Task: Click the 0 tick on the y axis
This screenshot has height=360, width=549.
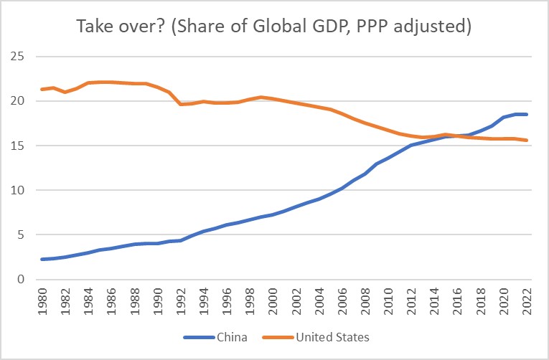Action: [22, 280]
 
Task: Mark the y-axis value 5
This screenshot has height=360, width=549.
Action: [22, 235]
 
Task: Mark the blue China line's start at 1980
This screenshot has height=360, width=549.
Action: [42, 259]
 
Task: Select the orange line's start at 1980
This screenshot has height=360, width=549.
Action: [42, 89]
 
